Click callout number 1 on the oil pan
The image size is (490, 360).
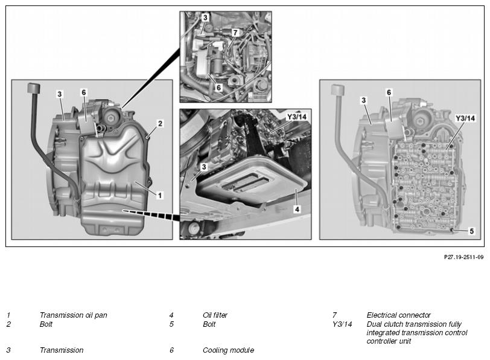(x=160, y=196)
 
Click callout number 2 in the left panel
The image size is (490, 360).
(x=160, y=124)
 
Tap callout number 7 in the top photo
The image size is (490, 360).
(x=235, y=32)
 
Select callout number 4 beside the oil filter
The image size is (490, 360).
(x=297, y=209)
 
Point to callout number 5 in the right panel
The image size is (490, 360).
(x=471, y=231)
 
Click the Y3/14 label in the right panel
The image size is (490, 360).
(x=465, y=118)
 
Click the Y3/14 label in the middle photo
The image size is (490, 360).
(x=296, y=117)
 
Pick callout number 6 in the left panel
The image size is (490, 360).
(x=83, y=92)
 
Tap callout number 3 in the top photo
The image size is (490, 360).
(x=205, y=18)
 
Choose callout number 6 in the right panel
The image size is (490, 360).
(x=389, y=92)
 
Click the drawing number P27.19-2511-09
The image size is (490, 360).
(x=463, y=257)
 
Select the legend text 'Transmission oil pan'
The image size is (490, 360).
(x=74, y=315)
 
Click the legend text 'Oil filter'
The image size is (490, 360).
(x=215, y=315)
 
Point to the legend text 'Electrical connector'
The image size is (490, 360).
(x=398, y=315)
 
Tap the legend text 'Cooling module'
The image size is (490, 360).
(x=229, y=350)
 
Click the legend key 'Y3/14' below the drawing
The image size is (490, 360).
(x=342, y=324)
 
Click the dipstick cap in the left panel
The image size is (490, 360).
(x=34, y=88)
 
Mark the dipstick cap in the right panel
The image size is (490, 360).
(x=338, y=89)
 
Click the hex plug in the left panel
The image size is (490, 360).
(x=110, y=118)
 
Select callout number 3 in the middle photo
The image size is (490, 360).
(x=204, y=167)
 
